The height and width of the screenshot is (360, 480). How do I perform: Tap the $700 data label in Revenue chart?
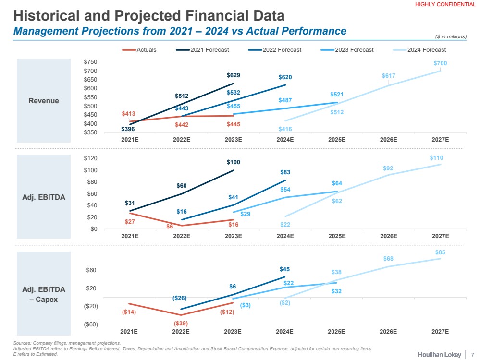440,63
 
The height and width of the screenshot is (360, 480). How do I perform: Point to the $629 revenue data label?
234,75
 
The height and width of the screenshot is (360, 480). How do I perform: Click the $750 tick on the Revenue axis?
90,62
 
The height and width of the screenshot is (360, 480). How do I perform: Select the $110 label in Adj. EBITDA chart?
436,158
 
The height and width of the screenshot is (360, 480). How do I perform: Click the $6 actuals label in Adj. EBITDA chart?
170,227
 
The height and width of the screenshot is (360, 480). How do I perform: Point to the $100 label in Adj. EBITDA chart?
234,163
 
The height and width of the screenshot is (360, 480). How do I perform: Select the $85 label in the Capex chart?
440,252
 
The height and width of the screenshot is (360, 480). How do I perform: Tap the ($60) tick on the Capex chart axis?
90,324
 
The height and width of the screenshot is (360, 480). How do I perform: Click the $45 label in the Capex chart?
285,269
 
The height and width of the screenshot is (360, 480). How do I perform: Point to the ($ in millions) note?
450,36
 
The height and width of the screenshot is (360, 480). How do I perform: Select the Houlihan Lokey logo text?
439,354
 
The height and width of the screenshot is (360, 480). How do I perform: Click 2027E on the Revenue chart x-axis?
440,140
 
